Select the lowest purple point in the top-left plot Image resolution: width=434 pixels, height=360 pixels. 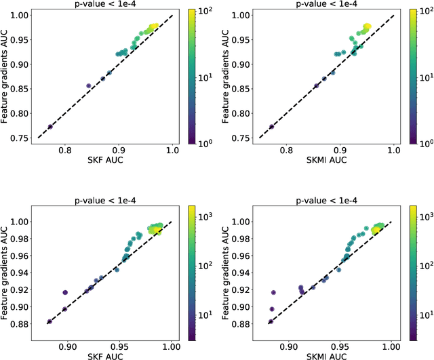(x=50, y=127)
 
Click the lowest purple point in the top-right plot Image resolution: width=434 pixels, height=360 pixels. (x=272, y=127)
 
